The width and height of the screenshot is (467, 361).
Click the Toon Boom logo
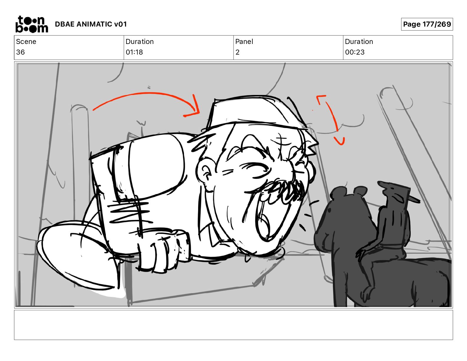[x=32, y=24]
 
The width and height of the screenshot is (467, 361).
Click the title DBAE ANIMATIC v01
[x=91, y=24]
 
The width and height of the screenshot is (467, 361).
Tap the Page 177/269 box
[x=427, y=24]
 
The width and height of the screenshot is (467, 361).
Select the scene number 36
[x=20, y=52]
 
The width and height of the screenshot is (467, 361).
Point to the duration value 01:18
[x=134, y=52]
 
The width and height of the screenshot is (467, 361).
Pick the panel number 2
[x=237, y=52]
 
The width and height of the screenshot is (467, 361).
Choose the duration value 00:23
[x=355, y=52]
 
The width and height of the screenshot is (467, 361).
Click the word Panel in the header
[x=244, y=42]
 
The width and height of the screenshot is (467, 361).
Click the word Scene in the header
[x=26, y=42]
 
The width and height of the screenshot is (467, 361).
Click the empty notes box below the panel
[x=233, y=325]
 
